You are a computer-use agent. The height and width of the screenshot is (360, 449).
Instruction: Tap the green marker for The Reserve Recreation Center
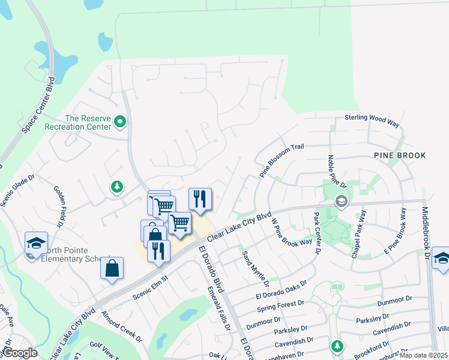120,122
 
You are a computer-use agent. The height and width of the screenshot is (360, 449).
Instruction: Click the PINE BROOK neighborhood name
400,155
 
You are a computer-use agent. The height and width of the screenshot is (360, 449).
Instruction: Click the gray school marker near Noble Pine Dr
342,200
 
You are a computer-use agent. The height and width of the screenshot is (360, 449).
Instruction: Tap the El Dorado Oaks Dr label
281,288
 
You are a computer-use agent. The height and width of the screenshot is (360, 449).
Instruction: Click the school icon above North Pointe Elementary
36,243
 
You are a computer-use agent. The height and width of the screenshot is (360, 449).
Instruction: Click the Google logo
20,353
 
